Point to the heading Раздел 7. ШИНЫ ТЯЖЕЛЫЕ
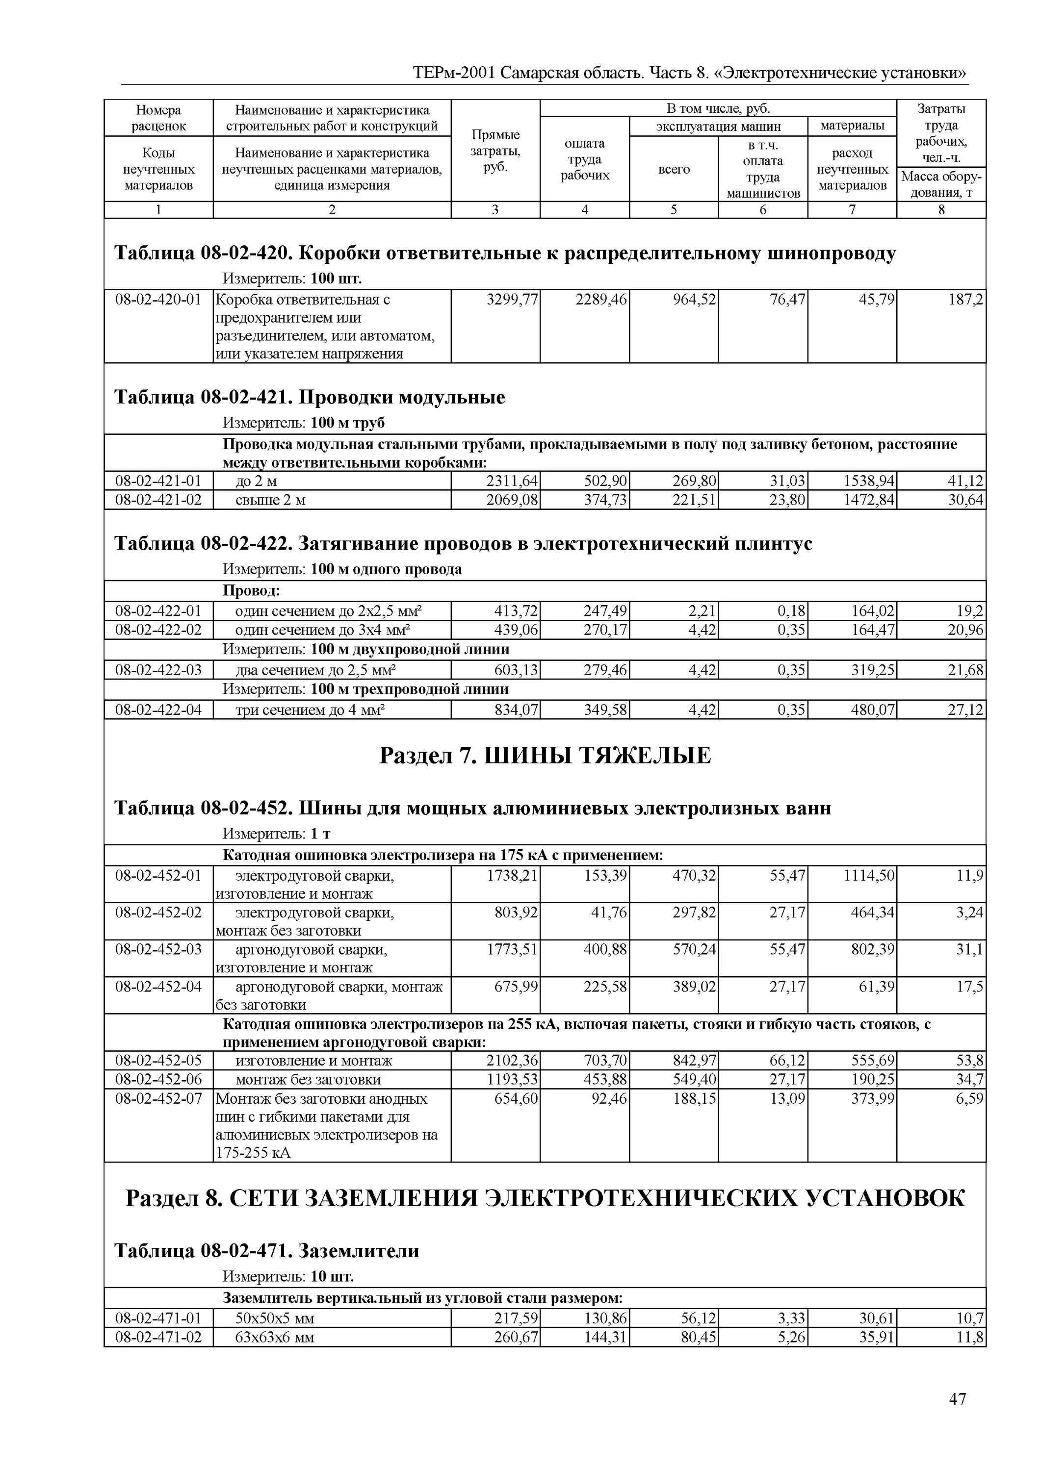coord(545,756)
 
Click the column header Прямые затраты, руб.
coord(495,151)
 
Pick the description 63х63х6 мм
coord(275,1337)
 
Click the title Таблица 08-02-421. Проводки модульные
coord(309,397)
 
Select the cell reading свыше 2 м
coord(270,500)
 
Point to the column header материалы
coord(852,126)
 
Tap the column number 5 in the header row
coord(674,209)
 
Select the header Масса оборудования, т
coord(940,184)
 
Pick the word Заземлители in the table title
coord(359,1251)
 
